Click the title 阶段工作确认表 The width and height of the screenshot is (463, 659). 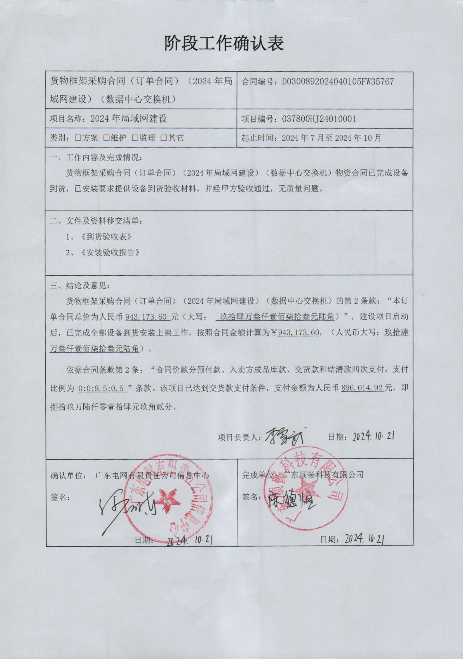(224, 43)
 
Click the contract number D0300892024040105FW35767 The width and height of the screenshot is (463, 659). (337, 82)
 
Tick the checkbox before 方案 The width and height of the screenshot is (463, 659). (77, 138)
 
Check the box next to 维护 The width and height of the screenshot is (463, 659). (106, 138)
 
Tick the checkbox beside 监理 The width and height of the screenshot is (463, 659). (135, 138)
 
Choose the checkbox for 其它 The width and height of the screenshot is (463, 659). (163, 138)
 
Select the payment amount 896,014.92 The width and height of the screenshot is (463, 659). (362, 388)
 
